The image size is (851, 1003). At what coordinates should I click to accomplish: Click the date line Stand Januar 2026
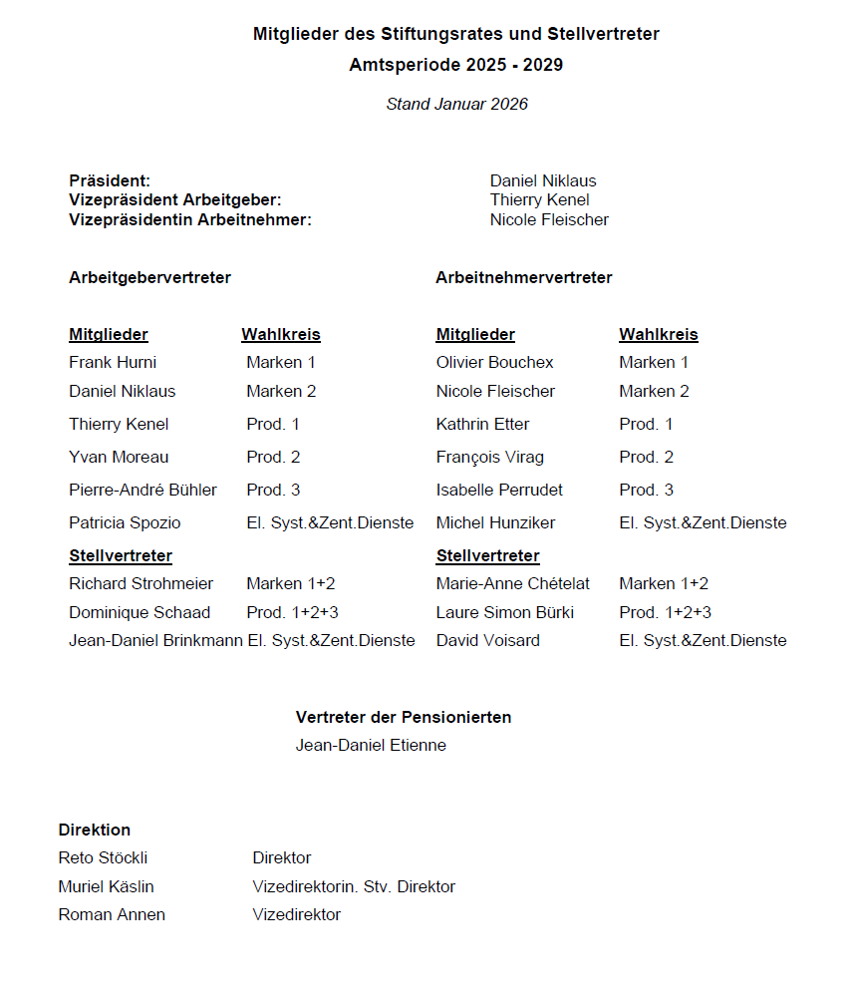[456, 104]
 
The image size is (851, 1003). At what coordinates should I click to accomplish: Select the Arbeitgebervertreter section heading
[149, 277]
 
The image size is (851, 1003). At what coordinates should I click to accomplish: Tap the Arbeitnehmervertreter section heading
[523, 277]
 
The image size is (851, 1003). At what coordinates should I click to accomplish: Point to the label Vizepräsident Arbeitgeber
[175, 200]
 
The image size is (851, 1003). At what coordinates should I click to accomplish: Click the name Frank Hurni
[113, 362]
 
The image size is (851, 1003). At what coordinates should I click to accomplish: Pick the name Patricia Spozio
[125, 522]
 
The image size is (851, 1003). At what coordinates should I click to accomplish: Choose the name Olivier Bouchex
[494, 362]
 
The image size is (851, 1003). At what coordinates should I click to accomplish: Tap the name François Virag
[489, 457]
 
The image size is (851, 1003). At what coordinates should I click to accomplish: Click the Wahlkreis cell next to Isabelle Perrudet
[646, 490]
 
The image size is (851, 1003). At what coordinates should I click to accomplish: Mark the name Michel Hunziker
[495, 522]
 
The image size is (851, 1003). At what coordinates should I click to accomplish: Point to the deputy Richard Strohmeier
[141, 583]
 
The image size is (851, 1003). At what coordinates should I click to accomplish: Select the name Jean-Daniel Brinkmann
[155, 640]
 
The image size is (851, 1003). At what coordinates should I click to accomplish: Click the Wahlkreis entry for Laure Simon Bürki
[665, 612]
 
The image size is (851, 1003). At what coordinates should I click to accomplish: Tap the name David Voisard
[487, 640]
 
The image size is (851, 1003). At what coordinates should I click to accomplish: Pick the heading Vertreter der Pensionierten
[404, 717]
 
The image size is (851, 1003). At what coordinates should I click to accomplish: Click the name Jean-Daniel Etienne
[371, 745]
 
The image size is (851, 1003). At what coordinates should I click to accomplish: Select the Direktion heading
[95, 830]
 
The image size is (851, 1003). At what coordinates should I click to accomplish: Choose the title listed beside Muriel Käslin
[354, 886]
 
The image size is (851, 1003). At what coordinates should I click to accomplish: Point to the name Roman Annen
[112, 914]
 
